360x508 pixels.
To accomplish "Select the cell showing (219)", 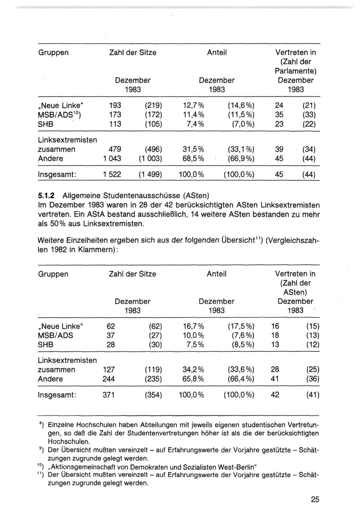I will (x=153, y=106).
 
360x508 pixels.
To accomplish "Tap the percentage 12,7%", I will (x=193, y=106).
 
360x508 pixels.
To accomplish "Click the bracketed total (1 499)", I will (x=150, y=175).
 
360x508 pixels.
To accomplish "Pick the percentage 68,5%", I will (x=193, y=159).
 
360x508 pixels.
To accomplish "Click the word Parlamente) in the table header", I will (x=296, y=71).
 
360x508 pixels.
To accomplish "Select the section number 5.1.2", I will (x=46, y=196).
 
